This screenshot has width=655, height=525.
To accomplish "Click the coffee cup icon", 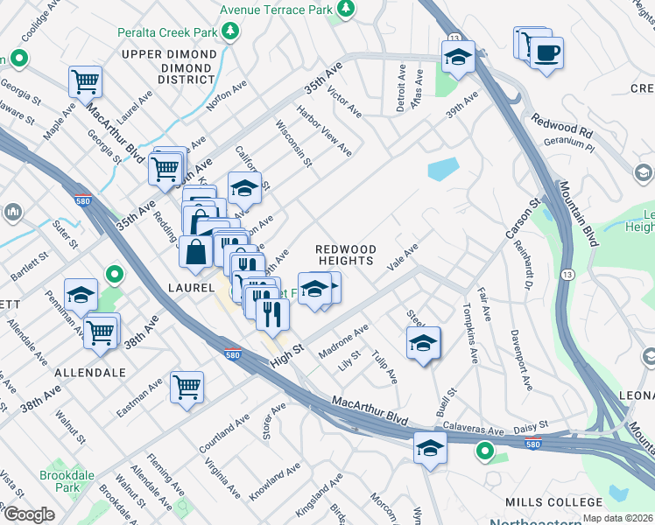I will (x=546, y=53).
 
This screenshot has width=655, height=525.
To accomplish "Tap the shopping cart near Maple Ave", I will (x=86, y=82).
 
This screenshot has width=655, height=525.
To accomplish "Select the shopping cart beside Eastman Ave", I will (x=187, y=386).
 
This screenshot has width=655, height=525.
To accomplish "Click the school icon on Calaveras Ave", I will (x=430, y=448).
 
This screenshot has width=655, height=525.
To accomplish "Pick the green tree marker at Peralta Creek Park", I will (x=230, y=32).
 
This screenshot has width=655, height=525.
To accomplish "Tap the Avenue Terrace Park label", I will (x=277, y=9).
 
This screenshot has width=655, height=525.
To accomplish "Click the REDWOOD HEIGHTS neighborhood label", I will (x=346, y=255).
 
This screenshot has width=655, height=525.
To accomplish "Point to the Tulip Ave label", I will (x=384, y=367).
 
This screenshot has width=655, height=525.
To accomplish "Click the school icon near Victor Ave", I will (x=458, y=58).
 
